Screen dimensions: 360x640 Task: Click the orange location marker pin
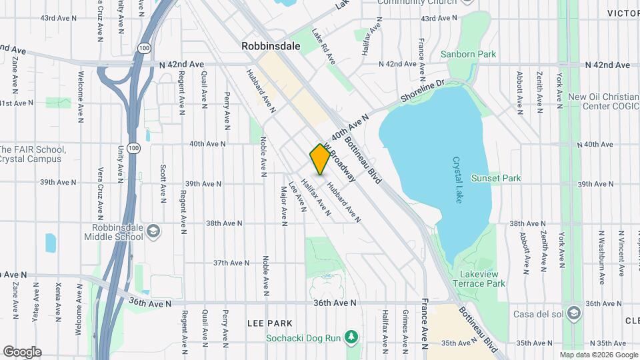point(320,159)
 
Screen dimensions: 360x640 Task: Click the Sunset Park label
point(495,178)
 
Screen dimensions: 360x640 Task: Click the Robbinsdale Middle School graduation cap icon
point(153,231)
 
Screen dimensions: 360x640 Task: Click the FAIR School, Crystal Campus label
point(30,154)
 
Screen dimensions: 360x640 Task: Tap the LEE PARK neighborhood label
point(270,323)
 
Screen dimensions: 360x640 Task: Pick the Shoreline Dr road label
point(422,92)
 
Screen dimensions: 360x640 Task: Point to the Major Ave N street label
point(283,203)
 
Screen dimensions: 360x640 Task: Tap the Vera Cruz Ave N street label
point(100,193)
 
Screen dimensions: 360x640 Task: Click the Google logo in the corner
point(22,351)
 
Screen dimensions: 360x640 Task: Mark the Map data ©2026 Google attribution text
point(598,355)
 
